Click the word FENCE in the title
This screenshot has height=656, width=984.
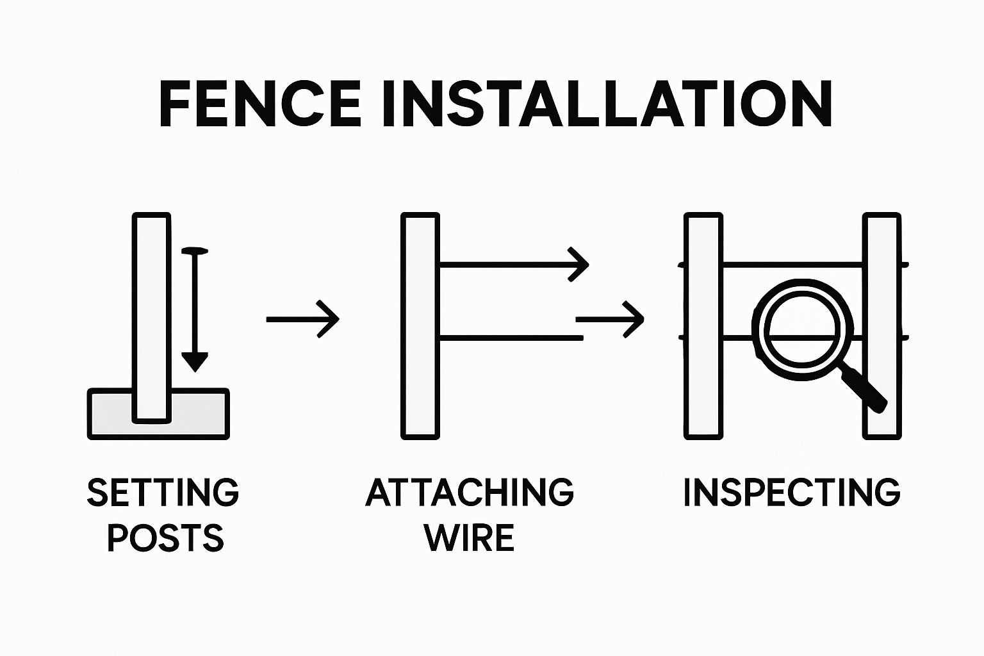(260, 104)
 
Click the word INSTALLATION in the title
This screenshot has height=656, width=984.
(606, 104)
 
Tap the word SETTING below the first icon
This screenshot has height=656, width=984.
(163, 493)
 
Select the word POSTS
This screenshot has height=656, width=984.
(165, 538)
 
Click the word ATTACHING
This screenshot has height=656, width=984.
(470, 493)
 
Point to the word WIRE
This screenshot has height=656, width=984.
(470, 538)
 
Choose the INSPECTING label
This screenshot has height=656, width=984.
(792, 493)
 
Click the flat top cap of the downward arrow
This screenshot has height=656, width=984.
(195, 251)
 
